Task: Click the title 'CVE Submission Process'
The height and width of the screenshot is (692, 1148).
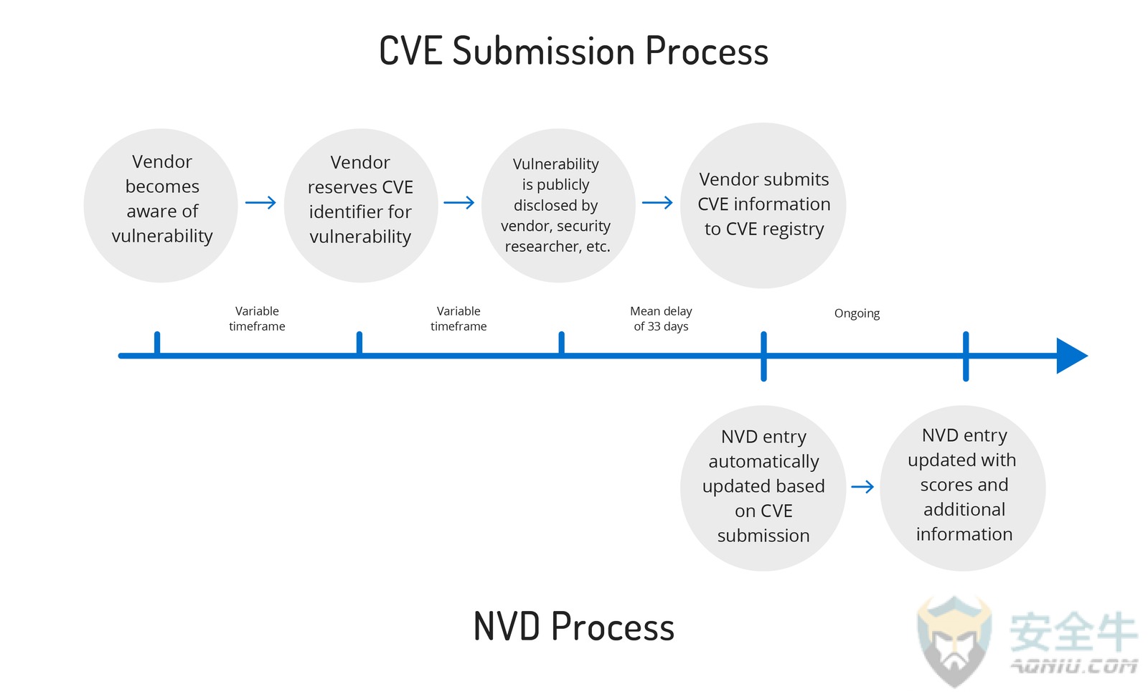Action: point(573,52)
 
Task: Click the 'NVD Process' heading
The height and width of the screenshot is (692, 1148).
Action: point(573,626)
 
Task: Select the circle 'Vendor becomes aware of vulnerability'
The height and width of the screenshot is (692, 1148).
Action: point(161,205)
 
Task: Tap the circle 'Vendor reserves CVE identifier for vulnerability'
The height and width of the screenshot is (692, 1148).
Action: point(361,205)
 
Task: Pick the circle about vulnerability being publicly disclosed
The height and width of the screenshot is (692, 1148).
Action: point(559,205)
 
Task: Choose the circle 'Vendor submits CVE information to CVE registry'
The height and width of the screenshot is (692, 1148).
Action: point(763,205)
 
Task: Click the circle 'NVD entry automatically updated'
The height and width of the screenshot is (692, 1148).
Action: point(763,488)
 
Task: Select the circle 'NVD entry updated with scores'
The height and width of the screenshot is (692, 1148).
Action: point(963,488)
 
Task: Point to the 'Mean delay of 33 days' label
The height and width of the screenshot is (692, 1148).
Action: point(661,318)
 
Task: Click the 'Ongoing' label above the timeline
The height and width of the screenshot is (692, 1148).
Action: point(857,313)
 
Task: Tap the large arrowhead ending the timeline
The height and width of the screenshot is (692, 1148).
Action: point(1072,356)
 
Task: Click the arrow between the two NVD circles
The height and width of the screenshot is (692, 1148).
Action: point(862,486)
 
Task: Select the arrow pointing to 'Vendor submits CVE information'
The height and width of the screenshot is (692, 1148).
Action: point(657,203)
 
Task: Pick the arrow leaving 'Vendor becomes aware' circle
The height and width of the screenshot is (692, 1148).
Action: point(260,203)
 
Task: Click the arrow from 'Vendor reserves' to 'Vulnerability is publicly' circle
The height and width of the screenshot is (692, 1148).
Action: point(458,203)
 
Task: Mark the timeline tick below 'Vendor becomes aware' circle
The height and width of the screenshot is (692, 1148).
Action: point(157,342)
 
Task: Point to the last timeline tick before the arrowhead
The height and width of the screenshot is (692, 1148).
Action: point(966,356)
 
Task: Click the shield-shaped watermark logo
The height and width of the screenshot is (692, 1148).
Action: point(954,642)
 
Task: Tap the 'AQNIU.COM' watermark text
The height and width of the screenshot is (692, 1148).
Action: point(1073,666)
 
